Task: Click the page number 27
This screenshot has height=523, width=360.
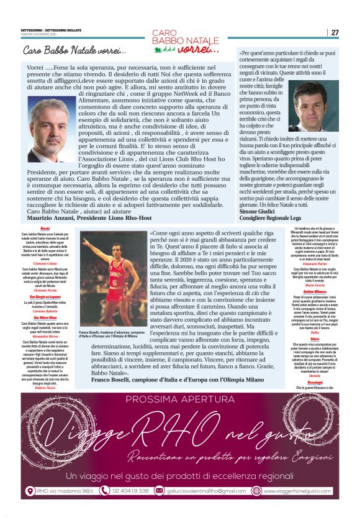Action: point(335,32)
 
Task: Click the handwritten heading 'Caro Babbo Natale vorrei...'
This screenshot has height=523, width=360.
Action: point(74,50)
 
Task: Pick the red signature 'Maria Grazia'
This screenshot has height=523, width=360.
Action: point(314,302)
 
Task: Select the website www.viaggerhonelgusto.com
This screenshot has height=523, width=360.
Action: point(296,491)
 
